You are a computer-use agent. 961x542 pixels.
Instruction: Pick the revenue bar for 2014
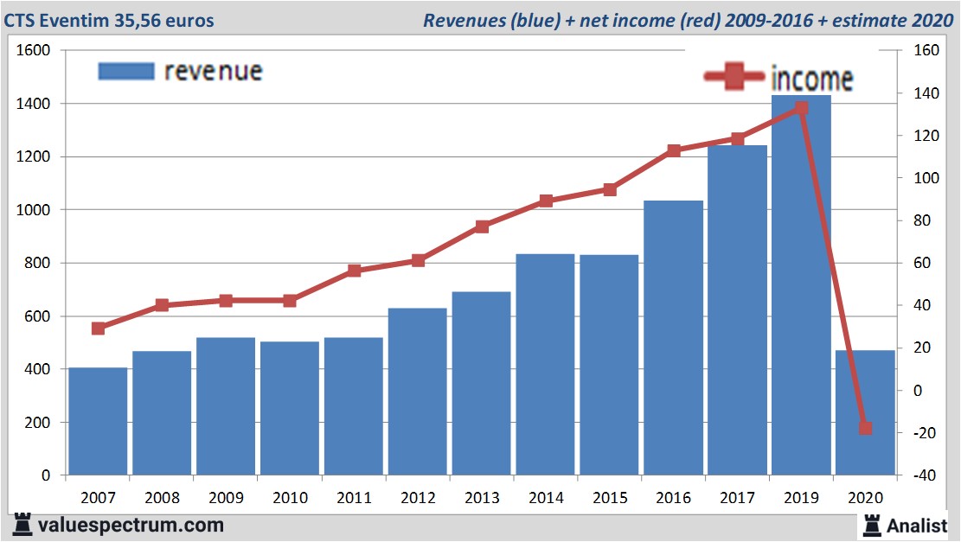pos(546,364)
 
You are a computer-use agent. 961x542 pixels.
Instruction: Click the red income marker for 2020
pos(865,428)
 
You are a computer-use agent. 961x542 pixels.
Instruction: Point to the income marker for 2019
pos(801,109)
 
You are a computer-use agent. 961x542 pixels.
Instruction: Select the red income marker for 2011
pos(354,271)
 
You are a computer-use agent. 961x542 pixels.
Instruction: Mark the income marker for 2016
pos(674,150)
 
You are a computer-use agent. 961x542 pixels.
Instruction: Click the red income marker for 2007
pos(98,328)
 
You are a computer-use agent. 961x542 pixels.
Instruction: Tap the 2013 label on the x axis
pos(482,498)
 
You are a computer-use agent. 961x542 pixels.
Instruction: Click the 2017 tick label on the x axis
pos(737,498)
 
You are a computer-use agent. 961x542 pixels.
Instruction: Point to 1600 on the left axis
pos(35,51)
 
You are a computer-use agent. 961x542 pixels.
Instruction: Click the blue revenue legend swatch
pos(125,71)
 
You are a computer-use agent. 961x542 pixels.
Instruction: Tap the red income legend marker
pos(735,78)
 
